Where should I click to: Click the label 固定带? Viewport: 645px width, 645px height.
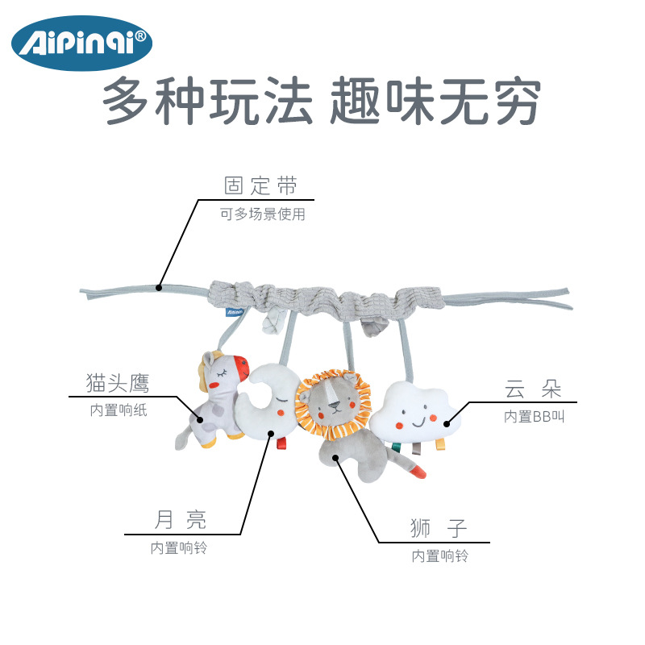click(260, 186)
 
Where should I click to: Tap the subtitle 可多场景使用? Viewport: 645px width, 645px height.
click(263, 215)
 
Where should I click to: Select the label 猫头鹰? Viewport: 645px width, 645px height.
click(118, 382)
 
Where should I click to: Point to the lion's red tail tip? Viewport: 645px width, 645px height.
click(418, 471)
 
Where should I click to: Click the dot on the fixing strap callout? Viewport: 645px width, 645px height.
click(160, 287)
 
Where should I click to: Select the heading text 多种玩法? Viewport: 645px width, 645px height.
click(208, 102)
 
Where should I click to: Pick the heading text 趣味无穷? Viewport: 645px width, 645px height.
click(436, 102)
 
